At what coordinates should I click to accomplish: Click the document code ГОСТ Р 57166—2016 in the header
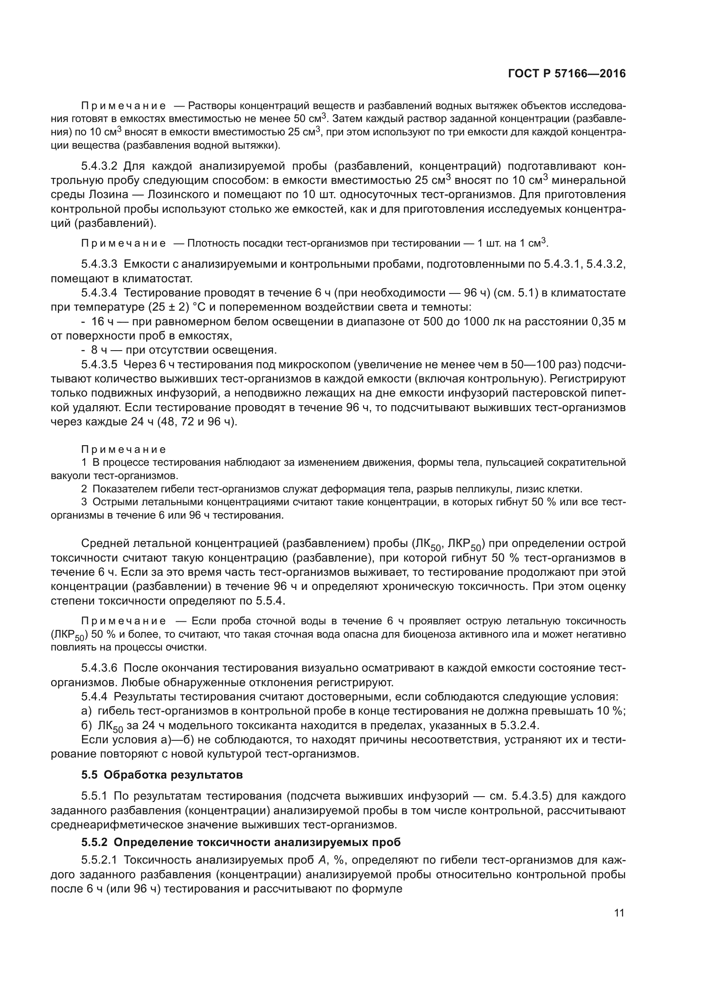567,73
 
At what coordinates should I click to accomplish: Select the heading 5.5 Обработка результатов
162,775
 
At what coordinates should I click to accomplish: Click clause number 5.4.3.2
99,166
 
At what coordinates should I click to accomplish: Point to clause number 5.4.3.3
99,264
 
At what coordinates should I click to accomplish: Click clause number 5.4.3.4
99,293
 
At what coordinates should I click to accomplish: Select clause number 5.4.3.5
99,365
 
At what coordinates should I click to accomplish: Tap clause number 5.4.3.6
99,668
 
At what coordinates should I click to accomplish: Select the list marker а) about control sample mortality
87,711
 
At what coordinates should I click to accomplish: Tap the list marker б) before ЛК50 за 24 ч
87,725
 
